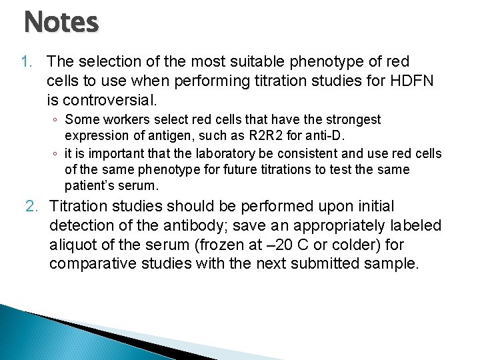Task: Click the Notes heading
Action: [x=61, y=22]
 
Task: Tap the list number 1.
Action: [x=27, y=62]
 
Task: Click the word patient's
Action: [x=87, y=186]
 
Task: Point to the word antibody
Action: [x=201, y=226]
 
